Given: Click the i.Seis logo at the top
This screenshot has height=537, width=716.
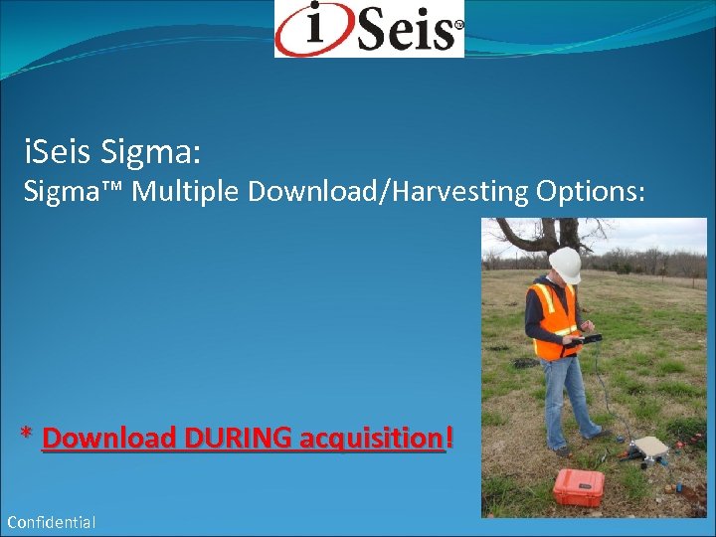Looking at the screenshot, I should [x=369, y=29].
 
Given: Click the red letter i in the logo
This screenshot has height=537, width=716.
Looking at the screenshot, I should [x=314, y=28].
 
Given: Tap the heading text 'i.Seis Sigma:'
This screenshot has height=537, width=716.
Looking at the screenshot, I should [x=112, y=152].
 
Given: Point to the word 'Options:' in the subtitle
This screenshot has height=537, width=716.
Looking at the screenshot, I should [x=594, y=191].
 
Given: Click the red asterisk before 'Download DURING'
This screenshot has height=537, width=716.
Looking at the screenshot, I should [x=28, y=436].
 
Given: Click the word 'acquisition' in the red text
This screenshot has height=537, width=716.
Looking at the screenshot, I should [x=381, y=438].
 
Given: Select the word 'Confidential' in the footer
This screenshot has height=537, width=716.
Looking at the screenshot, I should [x=52, y=522].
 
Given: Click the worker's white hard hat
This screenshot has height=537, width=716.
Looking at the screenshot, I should [x=565, y=264].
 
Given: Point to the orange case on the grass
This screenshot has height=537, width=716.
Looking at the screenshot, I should [x=579, y=486].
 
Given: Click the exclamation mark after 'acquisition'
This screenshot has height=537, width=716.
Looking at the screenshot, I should [x=450, y=437].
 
